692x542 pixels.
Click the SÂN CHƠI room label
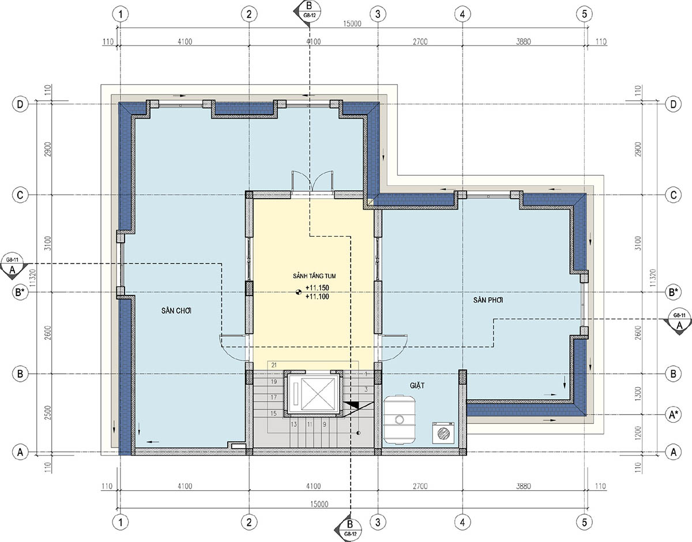pos(176,310)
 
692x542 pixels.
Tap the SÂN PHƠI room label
pos(488,300)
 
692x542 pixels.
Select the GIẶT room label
pos(417,385)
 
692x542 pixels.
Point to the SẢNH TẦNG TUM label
pos(314,276)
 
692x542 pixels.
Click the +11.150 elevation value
pos(317,287)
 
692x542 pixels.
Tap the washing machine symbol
pos(443,433)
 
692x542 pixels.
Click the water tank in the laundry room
pos(400,419)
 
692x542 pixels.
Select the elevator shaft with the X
pos(315,395)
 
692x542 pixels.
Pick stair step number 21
pos(274,365)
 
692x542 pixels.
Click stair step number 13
pos(294,424)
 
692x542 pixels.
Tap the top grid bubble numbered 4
pos(462,14)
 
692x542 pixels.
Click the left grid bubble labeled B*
pos(20,292)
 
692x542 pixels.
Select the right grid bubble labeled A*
pos(673,414)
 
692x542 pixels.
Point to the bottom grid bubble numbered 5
pos(584,522)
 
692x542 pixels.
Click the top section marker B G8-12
pos(307,10)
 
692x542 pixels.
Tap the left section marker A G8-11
pos(13,267)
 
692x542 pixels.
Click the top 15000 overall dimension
pos(352,24)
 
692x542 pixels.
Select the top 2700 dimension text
pos(420,41)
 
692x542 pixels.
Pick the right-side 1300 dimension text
pos(638,394)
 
